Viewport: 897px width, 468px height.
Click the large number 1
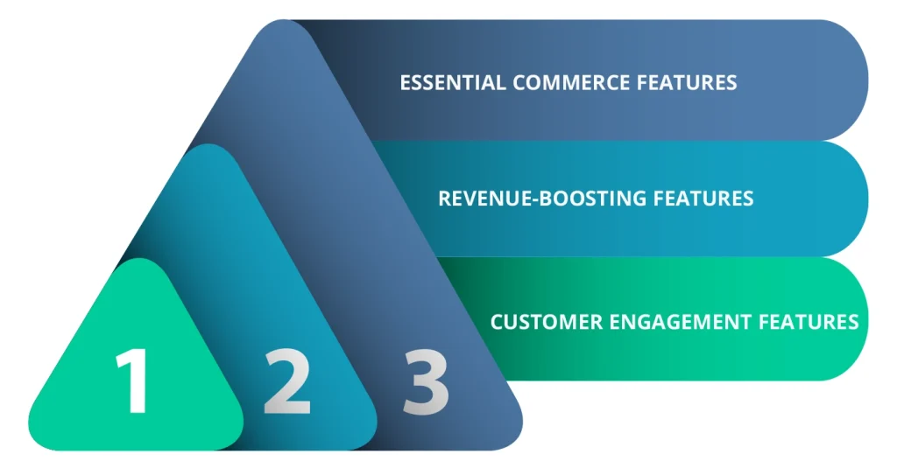134,381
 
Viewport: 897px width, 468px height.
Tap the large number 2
287,381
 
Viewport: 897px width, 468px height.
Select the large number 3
426,381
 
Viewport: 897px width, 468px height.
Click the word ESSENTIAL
453,82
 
